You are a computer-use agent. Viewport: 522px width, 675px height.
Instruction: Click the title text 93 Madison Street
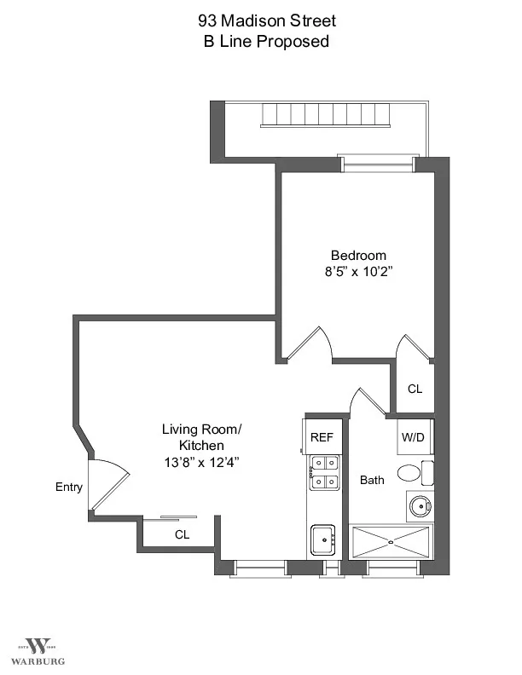coord(266,21)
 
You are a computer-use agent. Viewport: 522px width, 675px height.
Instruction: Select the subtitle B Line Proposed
coord(266,41)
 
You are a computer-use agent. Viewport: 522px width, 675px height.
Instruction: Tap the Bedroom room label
coord(358,255)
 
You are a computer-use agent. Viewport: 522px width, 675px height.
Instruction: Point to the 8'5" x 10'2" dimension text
coord(358,272)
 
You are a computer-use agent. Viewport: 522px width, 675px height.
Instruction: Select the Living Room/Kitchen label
coord(201,437)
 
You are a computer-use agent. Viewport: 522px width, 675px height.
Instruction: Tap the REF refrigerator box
coord(322,436)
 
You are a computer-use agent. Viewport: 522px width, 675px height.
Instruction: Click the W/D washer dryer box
coord(414,437)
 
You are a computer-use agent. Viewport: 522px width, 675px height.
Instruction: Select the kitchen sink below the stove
coord(323,539)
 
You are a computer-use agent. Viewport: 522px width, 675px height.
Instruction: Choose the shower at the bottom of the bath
coord(391,541)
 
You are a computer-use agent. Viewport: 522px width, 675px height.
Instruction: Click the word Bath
coord(372,480)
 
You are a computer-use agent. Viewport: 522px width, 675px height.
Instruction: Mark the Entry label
coord(69,487)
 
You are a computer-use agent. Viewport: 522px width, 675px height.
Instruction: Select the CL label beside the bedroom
coord(415,389)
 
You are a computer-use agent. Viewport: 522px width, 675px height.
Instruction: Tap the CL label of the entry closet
coord(182,535)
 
